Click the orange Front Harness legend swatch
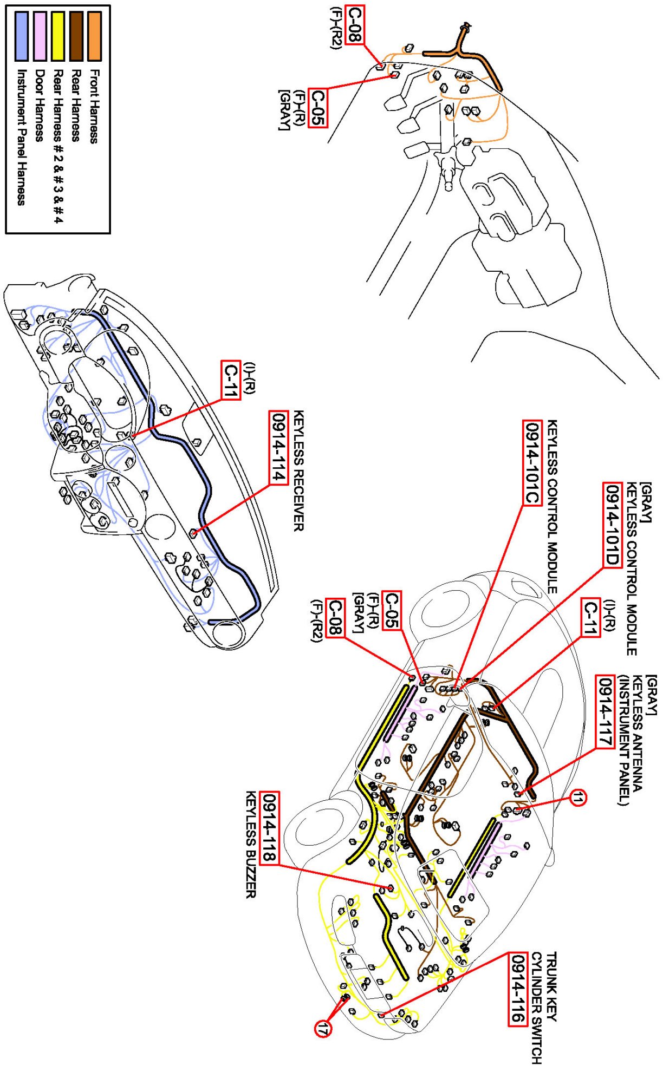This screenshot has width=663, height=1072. click(x=94, y=36)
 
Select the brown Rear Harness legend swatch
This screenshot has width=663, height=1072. click(x=76, y=36)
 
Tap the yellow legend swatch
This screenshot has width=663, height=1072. click(x=57, y=36)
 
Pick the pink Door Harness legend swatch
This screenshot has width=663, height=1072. click(x=40, y=36)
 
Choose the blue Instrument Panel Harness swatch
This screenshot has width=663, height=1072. click(x=22, y=36)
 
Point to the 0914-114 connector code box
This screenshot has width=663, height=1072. click(x=278, y=448)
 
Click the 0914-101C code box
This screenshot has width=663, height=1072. click(x=532, y=462)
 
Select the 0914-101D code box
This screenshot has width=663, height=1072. click(x=612, y=524)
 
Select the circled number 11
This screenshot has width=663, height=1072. click(x=578, y=798)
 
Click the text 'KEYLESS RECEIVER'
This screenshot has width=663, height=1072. click(x=298, y=471)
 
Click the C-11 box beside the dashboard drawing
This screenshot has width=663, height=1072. click(x=231, y=381)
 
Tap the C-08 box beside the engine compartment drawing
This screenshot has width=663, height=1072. click(x=353, y=24)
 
